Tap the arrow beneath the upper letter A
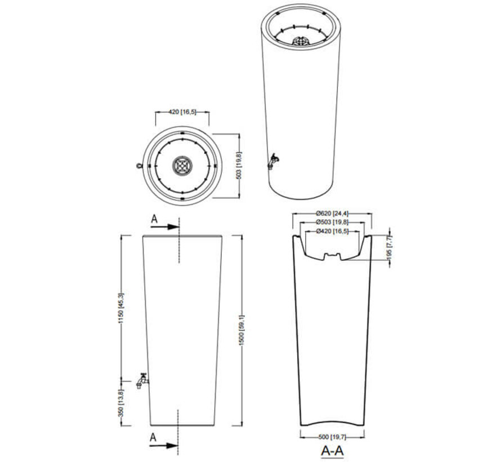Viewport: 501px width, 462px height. [165, 227]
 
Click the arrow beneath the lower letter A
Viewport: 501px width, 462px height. [165, 445]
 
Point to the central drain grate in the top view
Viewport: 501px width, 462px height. [182, 166]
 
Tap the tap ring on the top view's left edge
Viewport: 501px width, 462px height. [138, 166]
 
